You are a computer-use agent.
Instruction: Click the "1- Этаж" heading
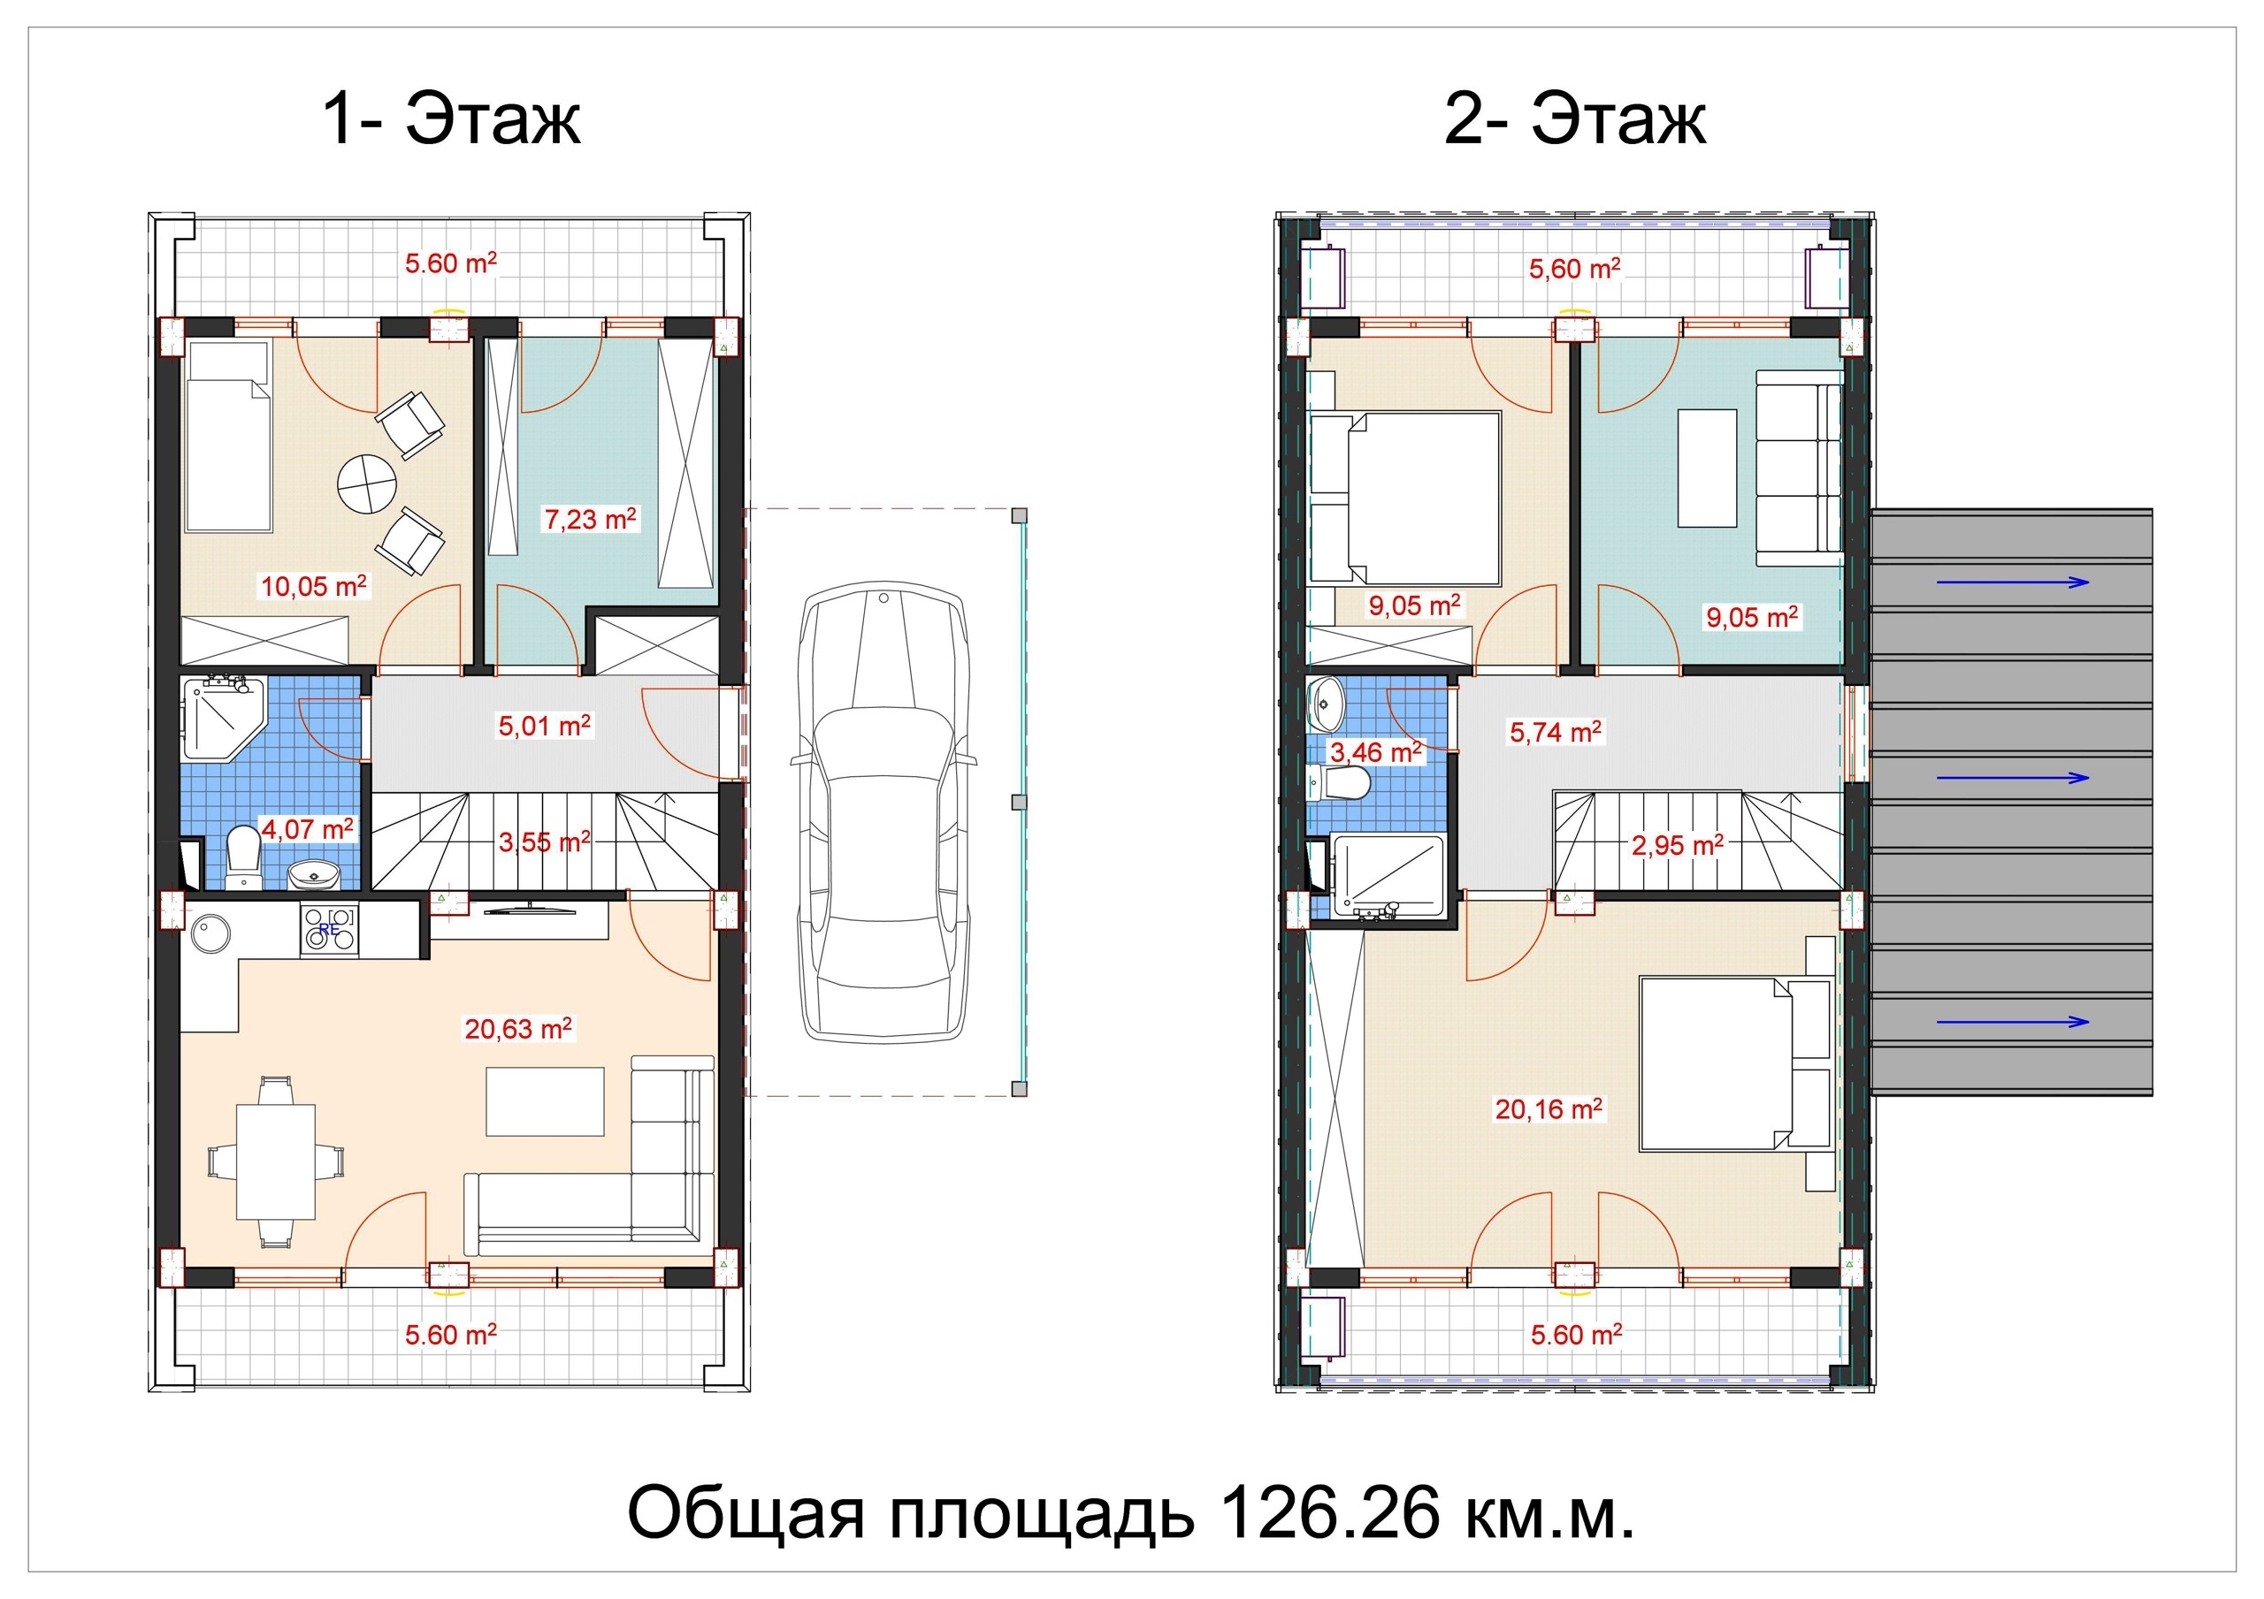[x=452, y=119]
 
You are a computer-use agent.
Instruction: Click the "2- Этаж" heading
[x=1575, y=119]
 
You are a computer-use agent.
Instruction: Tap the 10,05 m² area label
[x=314, y=587]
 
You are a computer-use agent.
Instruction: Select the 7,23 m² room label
[x=591, y=519]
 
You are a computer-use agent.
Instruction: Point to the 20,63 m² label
[x=518, y=1029]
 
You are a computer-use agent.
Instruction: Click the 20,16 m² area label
[x=1549, y=1109]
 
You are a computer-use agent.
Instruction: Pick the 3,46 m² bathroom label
[x=1377, y=752]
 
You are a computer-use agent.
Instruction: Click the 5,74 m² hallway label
[x=1556, y=732]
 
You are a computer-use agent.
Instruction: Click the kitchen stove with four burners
[x=329, y=929]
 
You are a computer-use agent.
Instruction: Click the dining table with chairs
[x=275, y=1162]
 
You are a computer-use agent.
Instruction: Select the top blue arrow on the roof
[x=2013, y=582]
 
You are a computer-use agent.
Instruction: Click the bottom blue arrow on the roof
[x=2013, y=1021]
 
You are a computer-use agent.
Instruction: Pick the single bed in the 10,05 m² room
[x=228, y=437]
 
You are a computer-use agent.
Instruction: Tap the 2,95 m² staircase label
[x=1678, y=845]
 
